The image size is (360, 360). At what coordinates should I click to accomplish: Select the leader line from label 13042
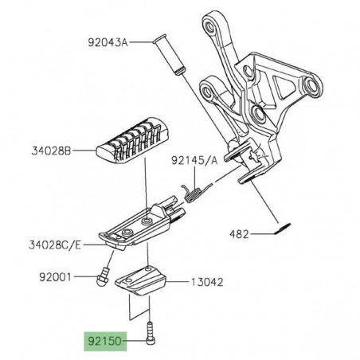point(178,282)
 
